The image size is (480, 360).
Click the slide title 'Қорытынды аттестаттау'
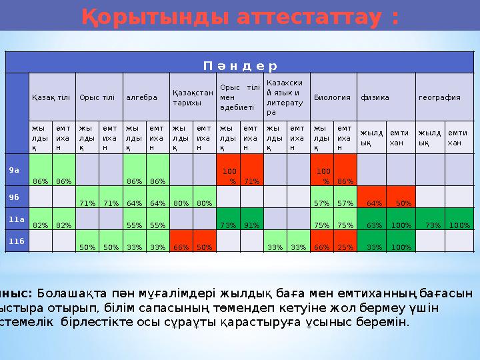coord(240,17)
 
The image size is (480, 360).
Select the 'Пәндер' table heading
coord(240,66)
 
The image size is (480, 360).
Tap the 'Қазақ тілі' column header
coord(52,97)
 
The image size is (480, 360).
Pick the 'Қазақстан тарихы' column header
coord(193,97)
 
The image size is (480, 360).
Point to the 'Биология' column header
coord(332,97)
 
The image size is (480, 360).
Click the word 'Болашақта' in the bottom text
coord(63,293)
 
